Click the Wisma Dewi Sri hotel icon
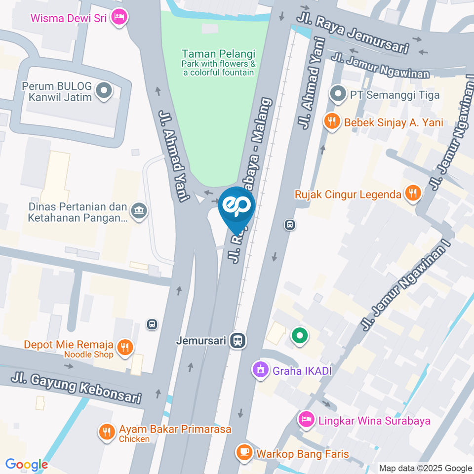coord(118,18)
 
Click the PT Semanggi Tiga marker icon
coord(338,94)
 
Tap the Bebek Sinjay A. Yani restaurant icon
coord(332,121)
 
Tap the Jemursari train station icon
coord(239,340)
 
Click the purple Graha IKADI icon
coord(260,369)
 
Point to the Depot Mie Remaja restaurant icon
coord(125,348)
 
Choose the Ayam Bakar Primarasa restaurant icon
coord(107,433)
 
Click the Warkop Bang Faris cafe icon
coord(243,452)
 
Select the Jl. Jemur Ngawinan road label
coord(380,66)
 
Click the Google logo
coord(27,465)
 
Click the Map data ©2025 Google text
coord(425,468)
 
